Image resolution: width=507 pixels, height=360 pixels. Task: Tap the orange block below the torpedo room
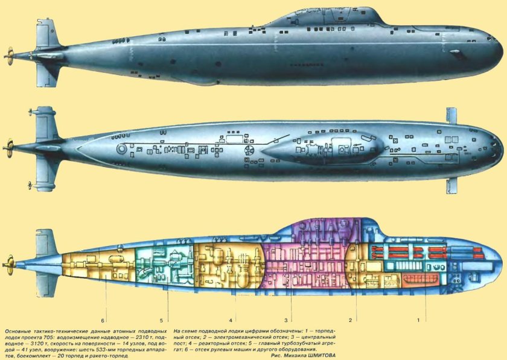pos(416,279)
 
